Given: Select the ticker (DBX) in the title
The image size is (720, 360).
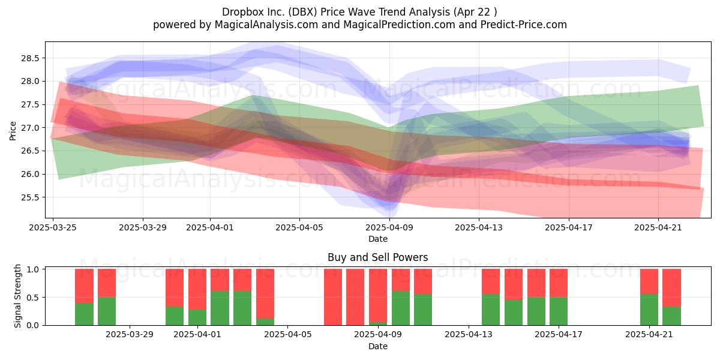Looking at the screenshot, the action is point(303,12).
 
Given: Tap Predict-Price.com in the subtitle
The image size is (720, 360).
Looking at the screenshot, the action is point(524,25).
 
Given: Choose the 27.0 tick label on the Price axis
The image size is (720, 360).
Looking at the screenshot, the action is point(30,128).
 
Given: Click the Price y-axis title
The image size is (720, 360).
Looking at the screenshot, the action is point(13,131).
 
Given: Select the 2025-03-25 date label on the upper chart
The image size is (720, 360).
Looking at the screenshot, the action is point(53,227).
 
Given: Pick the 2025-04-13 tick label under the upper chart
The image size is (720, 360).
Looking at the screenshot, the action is point(479,227).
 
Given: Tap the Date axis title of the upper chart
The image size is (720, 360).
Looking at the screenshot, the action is point(378,239).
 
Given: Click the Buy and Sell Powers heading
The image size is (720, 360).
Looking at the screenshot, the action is point(378,257).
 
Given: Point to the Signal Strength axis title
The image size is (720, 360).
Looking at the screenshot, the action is point(17,296).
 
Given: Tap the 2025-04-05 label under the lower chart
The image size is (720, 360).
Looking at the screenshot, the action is point(287,335).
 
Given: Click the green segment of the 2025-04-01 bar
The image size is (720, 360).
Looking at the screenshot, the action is point(197,317).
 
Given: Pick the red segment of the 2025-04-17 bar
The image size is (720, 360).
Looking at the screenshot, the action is point(559,283).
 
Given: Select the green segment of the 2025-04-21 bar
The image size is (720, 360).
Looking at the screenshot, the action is point(649,310).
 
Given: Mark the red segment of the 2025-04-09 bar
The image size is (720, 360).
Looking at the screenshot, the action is point(378,296).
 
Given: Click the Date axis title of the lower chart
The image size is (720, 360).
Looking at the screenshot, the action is point(378,346).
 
